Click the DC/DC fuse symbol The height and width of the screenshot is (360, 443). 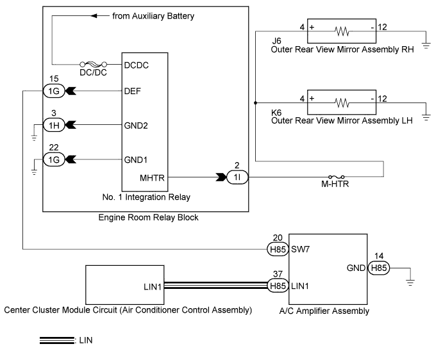94,64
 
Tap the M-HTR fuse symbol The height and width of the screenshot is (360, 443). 336,177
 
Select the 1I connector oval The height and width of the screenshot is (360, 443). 237,177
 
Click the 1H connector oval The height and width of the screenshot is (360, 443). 54,125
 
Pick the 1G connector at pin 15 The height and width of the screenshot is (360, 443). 54,91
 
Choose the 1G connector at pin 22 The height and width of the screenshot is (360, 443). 54,160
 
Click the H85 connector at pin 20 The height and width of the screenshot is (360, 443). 278,249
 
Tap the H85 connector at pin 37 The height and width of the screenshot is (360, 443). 278,286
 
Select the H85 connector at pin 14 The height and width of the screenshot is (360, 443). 379,268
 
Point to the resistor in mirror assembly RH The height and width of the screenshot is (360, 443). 342,31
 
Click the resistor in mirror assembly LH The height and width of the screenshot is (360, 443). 342,102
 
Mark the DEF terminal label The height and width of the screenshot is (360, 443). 132,91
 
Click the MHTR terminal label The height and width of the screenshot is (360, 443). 152,178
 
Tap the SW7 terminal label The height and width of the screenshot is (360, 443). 300,249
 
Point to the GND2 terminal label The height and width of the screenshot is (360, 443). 136,126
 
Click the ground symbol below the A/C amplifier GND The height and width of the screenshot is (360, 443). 410,282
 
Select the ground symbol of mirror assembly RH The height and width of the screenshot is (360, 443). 426,45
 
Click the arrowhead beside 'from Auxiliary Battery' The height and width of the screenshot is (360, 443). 94,16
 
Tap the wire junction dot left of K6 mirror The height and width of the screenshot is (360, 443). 255,103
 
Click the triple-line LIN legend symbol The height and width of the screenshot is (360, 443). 57,341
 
